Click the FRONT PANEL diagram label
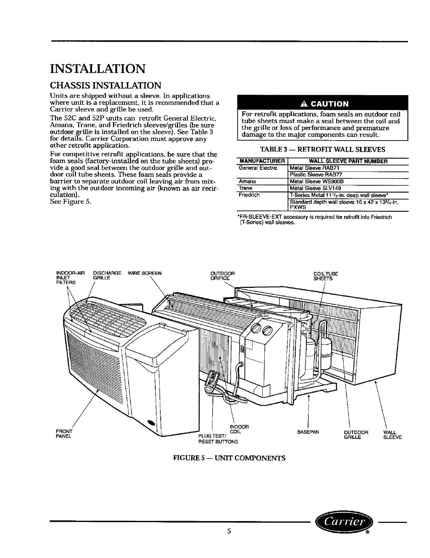point(64,434)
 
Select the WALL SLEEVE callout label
point(392,435)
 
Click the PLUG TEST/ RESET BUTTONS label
point(217,439)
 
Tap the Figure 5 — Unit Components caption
point(229,458)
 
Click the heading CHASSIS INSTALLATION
point(106,86)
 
